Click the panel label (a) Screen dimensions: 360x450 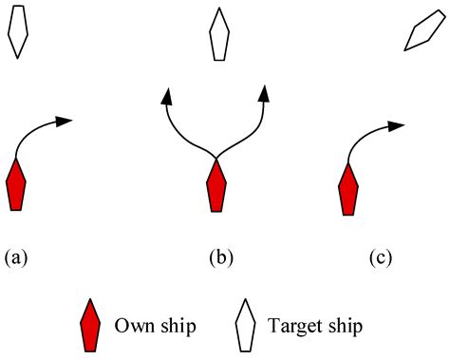coord(16,256)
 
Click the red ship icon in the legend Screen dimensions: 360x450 coord(90,326)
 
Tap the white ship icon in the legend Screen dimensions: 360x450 coord(246,326)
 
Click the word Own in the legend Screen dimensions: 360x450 coord(132,327)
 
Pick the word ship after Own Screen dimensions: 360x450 coord(178,327)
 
